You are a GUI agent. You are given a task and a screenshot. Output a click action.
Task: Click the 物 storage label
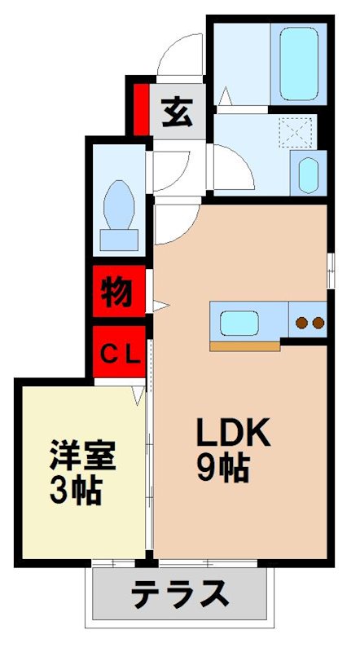click(117, 292)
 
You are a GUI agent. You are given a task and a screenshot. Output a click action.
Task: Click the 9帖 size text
click(222, 468)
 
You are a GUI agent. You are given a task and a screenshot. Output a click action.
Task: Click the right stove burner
click(316, 323)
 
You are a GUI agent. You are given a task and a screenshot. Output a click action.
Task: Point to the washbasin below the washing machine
click(307, 174)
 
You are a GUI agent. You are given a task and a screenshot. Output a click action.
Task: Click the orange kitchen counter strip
click(244, 346)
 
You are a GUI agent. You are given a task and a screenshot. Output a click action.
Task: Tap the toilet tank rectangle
click(119, 238)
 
